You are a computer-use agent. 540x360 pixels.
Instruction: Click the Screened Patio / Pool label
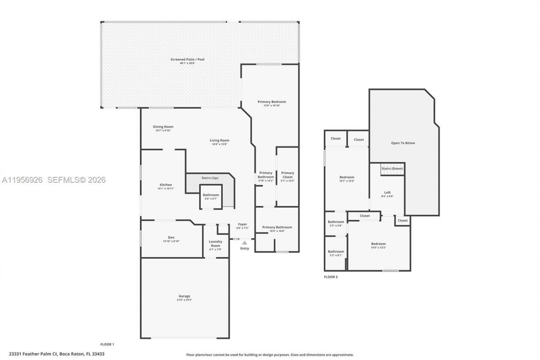187,60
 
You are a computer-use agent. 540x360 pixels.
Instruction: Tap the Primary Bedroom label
272,102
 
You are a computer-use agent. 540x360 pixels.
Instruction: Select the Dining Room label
163,127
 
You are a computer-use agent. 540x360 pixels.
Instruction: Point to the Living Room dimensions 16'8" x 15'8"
219,144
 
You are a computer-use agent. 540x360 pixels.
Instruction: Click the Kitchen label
165,185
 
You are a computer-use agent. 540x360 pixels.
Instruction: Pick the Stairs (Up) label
210,178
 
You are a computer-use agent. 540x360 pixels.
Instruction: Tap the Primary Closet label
288,173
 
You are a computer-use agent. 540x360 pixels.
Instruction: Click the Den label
171,238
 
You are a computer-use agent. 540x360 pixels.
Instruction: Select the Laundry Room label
216,244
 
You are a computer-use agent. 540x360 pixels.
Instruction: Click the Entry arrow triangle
244,243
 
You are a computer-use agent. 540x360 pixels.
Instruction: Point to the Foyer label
242,224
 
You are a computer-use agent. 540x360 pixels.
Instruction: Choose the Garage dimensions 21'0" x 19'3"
184,300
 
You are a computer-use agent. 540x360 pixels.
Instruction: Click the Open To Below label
403,143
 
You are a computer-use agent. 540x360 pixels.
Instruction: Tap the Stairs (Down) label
392,168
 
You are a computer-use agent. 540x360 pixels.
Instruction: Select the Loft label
387,192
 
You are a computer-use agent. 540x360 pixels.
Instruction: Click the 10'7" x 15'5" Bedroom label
347,177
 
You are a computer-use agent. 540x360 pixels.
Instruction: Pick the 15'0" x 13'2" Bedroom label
378,244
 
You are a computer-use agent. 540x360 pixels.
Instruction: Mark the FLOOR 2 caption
331,277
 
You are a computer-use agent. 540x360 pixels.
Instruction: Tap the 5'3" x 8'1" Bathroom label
336,252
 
